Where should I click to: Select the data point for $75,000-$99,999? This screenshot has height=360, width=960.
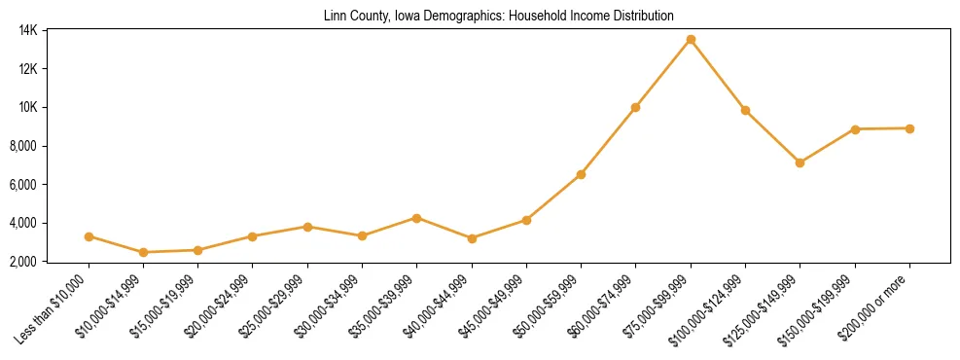(691, 40)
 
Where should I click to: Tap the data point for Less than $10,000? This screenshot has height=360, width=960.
(89, 236)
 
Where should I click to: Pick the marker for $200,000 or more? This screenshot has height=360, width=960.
(909, 128)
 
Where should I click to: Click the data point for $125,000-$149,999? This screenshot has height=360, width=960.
(800, 162)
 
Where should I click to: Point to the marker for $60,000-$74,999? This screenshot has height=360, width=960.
(635, 107)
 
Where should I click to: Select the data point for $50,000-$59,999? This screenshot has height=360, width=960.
(581, 174)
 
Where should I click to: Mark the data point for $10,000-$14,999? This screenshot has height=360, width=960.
(144, 252)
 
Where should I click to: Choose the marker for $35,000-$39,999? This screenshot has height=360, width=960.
(417, 218)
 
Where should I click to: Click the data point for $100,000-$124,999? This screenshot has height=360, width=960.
(745, 110)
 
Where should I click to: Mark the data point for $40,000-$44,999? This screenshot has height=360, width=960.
(472, 238)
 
